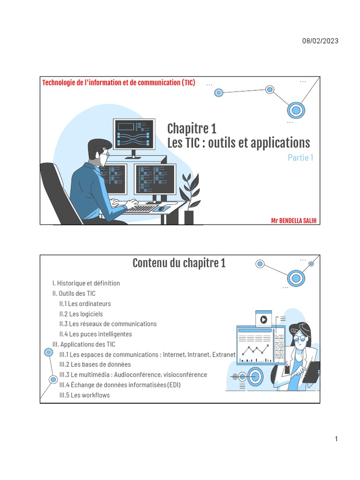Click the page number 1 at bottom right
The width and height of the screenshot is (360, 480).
click(x=336, y=439)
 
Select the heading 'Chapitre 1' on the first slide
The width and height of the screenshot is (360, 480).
click(x=192, y=128)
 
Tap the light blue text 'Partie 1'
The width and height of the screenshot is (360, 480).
click(x=300, y=157)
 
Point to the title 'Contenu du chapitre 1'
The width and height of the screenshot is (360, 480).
click(x=179, y=263)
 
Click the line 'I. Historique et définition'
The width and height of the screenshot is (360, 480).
click(x=86, y=283)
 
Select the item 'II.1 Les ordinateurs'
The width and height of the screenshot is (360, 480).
click(x=85, y=304)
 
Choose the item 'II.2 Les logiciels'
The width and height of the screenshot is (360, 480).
click(x=81, y=314)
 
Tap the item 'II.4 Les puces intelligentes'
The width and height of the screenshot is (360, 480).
click(x=96, y=334)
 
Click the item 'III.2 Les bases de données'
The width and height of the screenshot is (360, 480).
click(x=95, y=364)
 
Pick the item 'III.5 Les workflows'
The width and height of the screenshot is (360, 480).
click(x=84, y=395)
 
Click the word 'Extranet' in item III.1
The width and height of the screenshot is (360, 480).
click(x=223, y=355)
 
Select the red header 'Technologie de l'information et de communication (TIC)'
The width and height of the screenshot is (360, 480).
click(x=119, y=83)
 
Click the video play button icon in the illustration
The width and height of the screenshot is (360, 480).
click(x=263, y=319)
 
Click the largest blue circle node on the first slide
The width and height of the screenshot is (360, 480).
click(x=296, y=111)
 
